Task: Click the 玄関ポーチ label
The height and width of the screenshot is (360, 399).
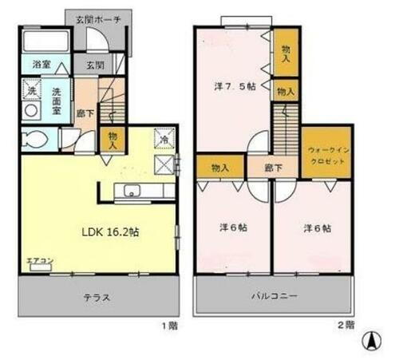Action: point(97,19)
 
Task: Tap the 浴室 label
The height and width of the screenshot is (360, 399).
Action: point(41,64)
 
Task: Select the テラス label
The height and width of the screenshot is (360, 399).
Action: point(96,298)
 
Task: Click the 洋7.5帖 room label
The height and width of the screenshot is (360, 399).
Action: point(235,85)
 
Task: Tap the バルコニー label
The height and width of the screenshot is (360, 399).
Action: point(274,297)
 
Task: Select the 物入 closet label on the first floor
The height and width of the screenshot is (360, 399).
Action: point(113,140)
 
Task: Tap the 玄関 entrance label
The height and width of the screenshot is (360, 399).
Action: point(95,65)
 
